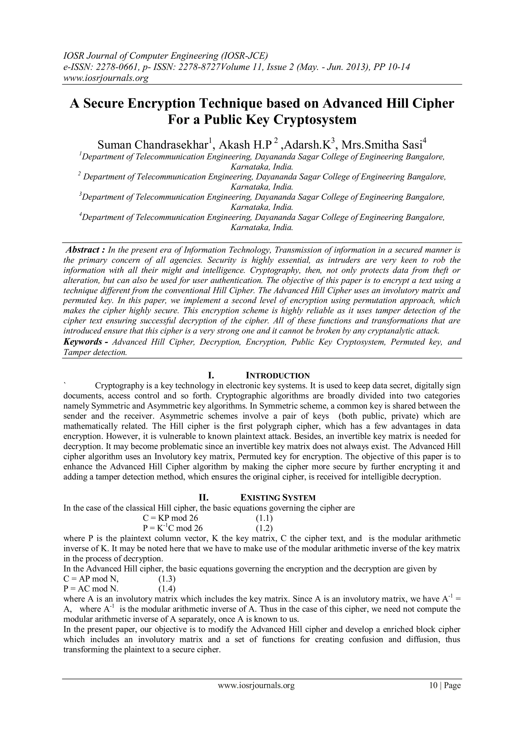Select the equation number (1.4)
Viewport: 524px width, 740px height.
point(167,589)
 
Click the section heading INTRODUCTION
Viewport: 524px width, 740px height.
point(278,375)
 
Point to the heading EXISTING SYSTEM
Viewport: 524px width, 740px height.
point(278,498)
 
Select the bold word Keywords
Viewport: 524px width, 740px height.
point(84,341)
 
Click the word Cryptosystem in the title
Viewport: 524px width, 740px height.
point(315,120)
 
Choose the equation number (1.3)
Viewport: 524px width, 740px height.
point(167,579)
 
